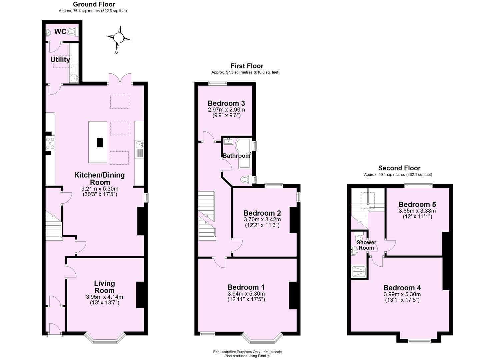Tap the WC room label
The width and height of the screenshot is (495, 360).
coord(60,32)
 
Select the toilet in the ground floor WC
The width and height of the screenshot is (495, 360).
coord(72,32)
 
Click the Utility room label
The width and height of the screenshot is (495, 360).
coord(60,59)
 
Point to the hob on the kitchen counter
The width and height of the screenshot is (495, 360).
coord(50,143)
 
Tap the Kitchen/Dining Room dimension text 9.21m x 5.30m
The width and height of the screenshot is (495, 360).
coord(100,189)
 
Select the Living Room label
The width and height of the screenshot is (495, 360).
coord(105,287)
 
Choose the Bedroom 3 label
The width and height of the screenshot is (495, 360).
coord(226,103)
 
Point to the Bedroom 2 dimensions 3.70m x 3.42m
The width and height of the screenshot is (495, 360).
coord(262,219)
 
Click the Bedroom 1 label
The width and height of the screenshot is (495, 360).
coord(246,287)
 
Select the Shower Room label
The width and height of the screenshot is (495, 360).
coord(366,245)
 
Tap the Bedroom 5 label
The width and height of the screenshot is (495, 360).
coord(417,204)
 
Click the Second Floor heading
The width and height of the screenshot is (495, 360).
coord(399,168)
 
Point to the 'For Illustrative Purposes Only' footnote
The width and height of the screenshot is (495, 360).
coord(247,352)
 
